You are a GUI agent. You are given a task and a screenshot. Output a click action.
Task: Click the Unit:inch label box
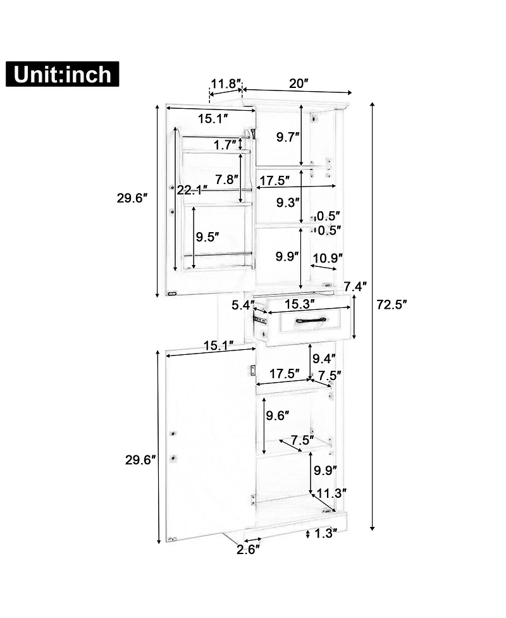coord(62,74)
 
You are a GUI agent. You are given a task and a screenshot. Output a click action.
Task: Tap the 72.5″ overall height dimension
coord(392,304)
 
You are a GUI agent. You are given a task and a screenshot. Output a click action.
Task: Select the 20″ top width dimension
coord(299,83)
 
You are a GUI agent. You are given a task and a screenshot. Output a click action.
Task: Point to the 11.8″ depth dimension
coord(226,83)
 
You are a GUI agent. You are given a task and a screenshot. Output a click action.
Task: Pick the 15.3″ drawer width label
coord(300,304)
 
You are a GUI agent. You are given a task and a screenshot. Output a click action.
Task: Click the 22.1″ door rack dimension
coord(192,190)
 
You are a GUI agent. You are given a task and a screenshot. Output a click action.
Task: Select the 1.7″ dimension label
coord(225,145)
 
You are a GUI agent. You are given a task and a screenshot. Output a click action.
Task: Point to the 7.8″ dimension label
coord(227,180)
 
